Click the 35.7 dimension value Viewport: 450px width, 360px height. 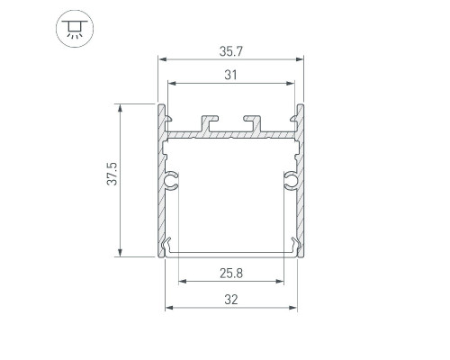(230, 51)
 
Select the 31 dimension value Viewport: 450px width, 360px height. (230, 75)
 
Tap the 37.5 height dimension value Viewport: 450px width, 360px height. (112, 174)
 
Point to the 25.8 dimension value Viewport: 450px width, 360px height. (231, 274)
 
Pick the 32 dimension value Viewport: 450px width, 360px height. (231, 300)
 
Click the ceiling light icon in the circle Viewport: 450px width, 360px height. (75, 29)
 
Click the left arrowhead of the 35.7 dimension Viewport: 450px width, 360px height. (163, 59)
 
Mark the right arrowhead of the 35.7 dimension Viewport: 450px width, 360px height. (300, 59)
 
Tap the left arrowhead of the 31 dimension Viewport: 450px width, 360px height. (172, 84)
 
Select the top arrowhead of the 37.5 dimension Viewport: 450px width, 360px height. (121, 108)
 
